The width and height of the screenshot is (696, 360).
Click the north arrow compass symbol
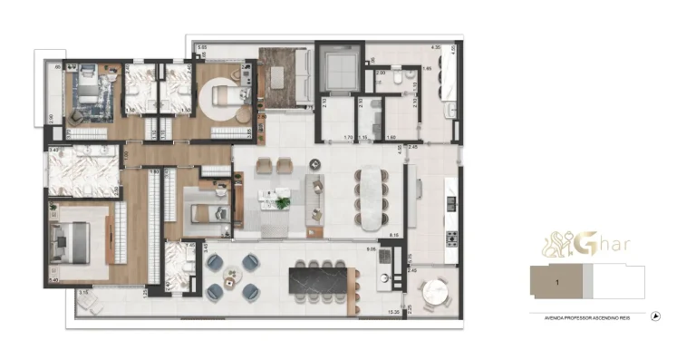(x=654, y=316)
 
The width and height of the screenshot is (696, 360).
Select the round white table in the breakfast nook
(x=436, y=294)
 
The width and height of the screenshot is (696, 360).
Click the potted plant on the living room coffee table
(x=283, y=201)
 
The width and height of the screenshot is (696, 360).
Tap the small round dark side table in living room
(x=314, y=164)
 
